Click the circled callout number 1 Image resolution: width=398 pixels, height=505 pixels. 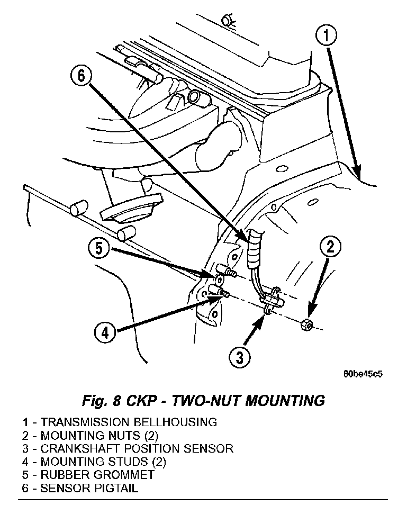tap(327, 37)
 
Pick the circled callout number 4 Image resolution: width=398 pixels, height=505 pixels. tap(105, 333)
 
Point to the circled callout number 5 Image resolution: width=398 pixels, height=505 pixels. tap(99, 248)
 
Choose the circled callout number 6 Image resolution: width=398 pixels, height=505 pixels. tap(81, 76)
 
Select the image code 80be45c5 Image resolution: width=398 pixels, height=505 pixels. tap(363, 374)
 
